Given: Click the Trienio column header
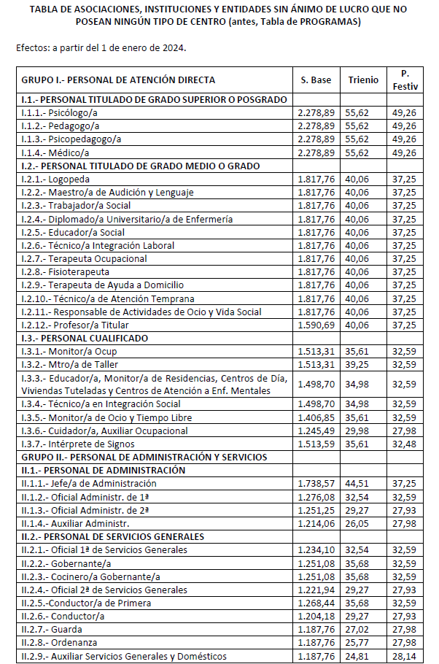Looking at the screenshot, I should click(x=363, y=80).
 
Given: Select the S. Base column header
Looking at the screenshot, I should click(x=316, y=80).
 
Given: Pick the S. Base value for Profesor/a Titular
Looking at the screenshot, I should click(x=316, y=325).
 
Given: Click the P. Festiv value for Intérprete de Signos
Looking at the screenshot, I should click(x=404, y=444).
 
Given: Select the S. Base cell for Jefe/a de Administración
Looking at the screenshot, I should click(x=316, y=483).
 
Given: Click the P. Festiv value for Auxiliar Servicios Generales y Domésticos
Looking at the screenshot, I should click(x=404, y=655).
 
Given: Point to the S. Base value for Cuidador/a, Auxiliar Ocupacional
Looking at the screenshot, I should click(x=316, y=431).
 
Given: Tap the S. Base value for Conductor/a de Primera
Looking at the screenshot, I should click(x=316, y=603).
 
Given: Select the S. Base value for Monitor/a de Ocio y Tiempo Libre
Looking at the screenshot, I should click(x=316, y=417).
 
